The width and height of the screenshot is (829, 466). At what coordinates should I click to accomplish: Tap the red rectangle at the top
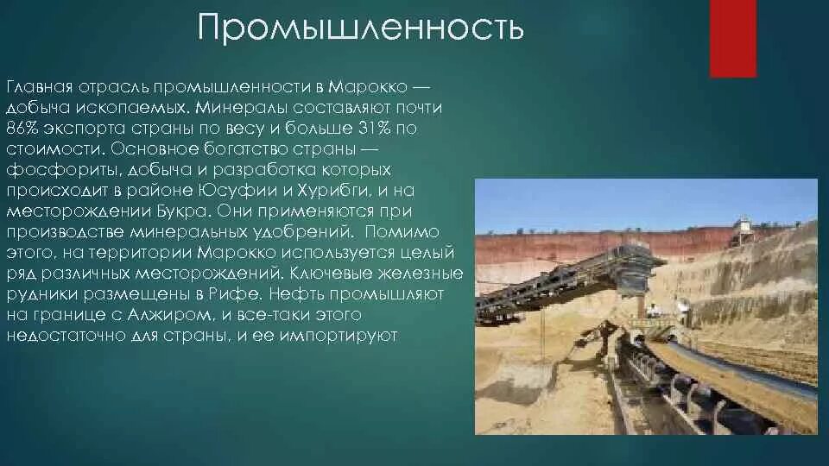tap(732, 39)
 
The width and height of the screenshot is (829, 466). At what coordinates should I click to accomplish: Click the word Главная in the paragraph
tap(41, 88)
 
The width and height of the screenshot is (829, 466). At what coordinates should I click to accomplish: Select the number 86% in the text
tap(24, 129)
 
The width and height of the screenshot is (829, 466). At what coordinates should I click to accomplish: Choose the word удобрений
tap(305, 232)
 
